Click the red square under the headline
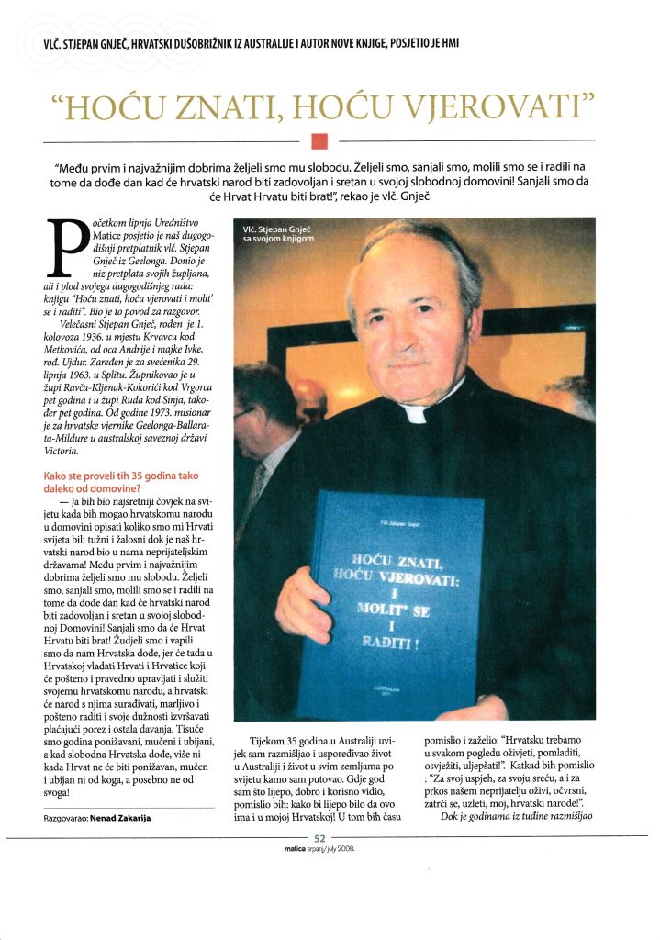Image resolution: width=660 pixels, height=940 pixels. pyautogui.click(x=319, y=140)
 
